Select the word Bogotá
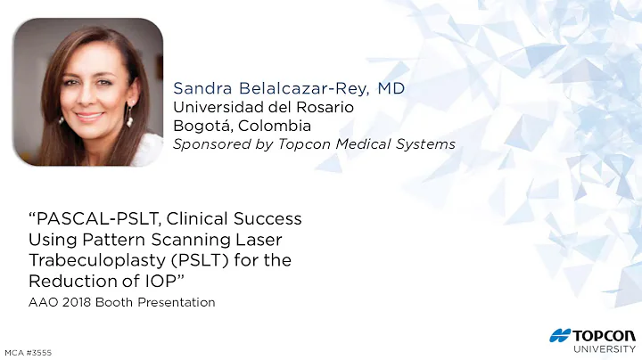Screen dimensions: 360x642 point(200,126)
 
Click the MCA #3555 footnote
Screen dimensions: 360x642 point(28,352)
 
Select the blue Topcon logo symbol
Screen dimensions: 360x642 point(561,335)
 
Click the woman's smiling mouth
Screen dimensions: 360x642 point(89,116)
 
